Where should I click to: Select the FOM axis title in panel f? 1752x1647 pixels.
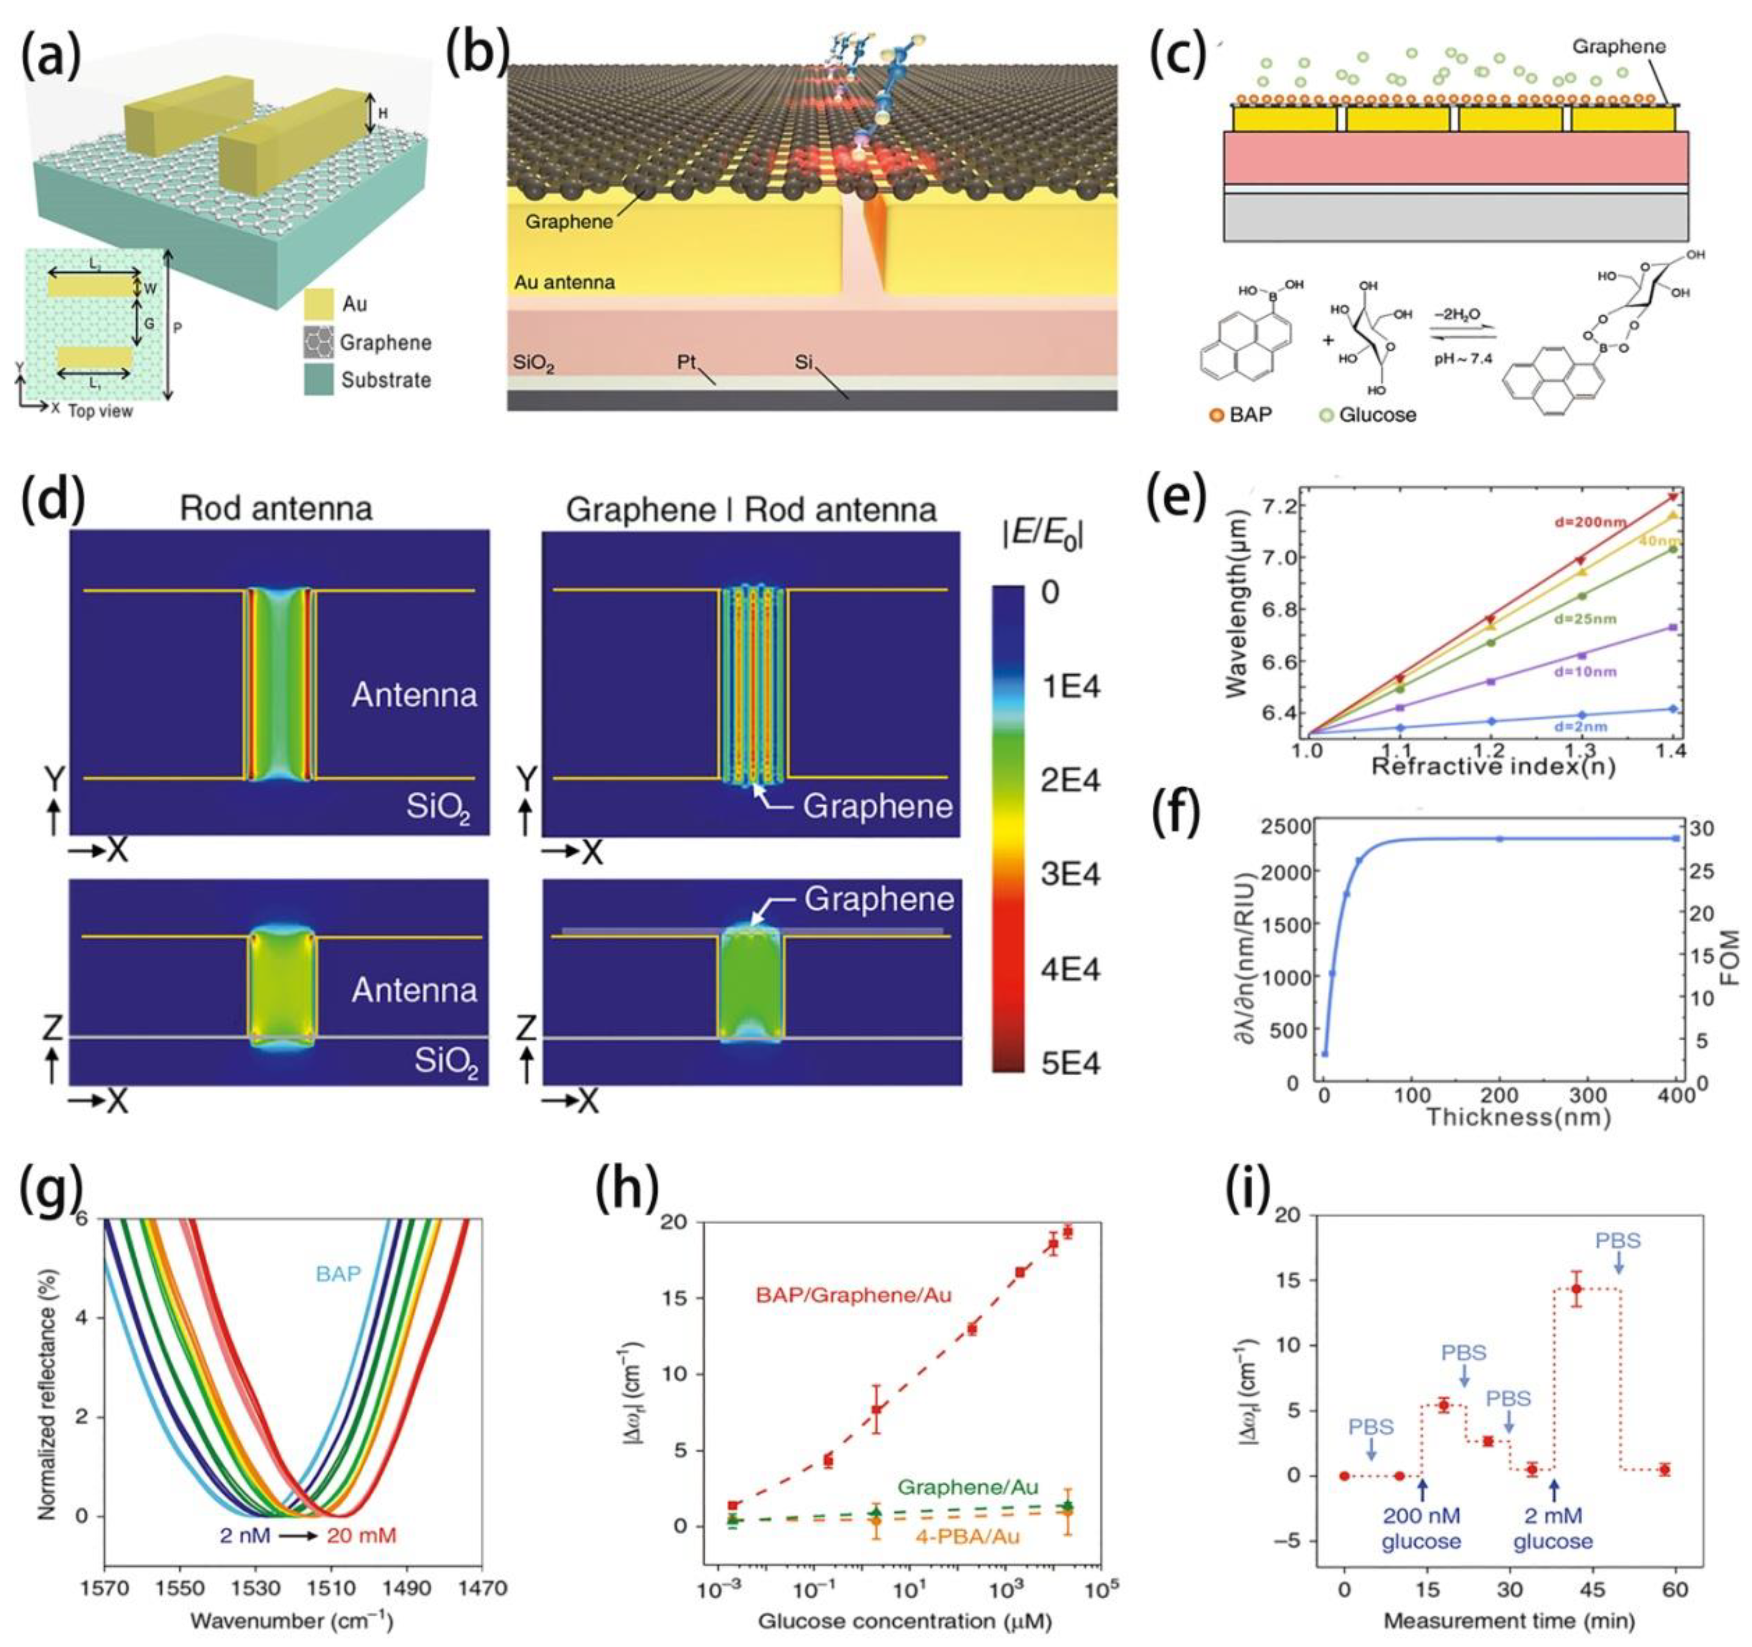pos(1728,956)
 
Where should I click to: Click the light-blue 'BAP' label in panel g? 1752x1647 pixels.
pos(338,1273)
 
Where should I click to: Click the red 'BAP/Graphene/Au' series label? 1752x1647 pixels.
pos(853,1294)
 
